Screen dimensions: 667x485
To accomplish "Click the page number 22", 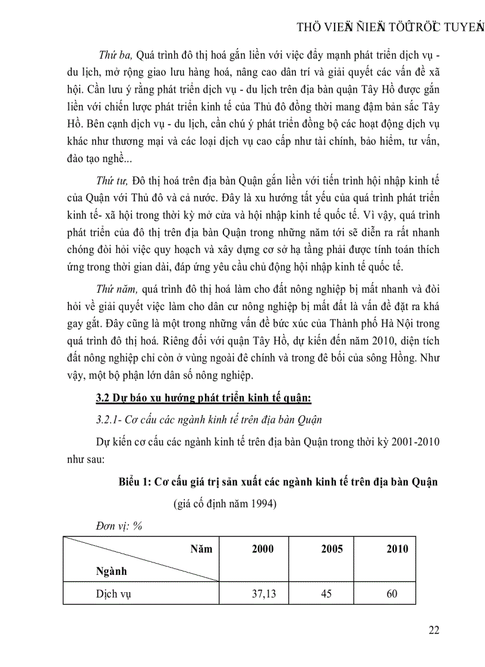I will tap(433, 630).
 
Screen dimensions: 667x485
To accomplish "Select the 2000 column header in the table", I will tap(263, 549).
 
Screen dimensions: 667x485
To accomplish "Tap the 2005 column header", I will tap(332, 549).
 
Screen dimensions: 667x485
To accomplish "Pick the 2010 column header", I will tap(396, 549).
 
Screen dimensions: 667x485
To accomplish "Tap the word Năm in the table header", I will tap(201, 549).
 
